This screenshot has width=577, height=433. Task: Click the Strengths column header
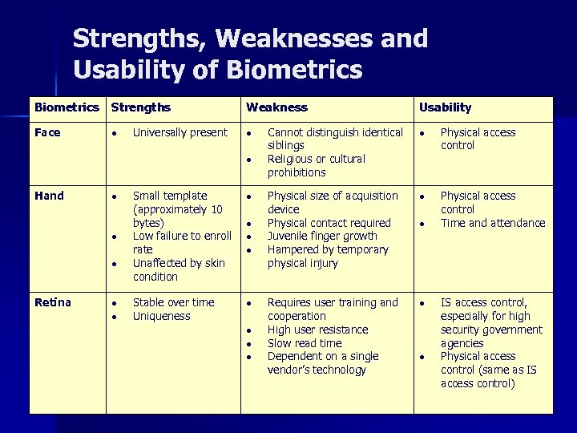[140, 107]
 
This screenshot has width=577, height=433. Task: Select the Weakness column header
[276, 107]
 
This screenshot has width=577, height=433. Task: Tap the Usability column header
[445, 107]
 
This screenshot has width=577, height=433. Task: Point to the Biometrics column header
[67, 107]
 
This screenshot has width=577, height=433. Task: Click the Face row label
[47, 132]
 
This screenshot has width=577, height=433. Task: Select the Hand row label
[49, 196]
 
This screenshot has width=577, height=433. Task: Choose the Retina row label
[52, 302]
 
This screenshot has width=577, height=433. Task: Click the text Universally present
[180, 132]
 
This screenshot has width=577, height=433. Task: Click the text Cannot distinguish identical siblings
[334, 139]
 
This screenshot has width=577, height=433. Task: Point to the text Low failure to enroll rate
[181, 242]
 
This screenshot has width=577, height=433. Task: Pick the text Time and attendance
[492, 223]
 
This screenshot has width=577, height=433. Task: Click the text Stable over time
[173, 302]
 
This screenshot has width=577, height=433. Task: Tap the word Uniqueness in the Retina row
[161, 316]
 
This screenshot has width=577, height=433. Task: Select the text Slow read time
[304, 343]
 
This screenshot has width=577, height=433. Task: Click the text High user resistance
[317, 330]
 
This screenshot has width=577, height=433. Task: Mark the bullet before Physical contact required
[250, 224]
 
